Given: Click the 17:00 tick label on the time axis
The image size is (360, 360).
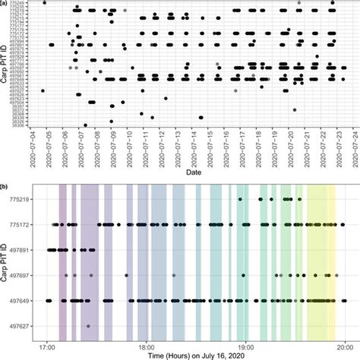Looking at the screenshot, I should [47, 341].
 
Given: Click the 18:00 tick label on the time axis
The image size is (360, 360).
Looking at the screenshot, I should [147, 341].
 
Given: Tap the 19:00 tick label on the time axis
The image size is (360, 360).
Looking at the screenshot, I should [246, 341].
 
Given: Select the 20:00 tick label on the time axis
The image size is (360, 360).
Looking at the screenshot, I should [345, 341].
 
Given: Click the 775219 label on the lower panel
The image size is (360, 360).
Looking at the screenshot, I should [21, 199].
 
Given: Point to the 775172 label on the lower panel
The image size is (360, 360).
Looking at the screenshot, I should [21, 224].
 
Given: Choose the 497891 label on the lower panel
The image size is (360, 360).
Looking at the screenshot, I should [21, 250].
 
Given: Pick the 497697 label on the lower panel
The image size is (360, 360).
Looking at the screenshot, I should [21, 275].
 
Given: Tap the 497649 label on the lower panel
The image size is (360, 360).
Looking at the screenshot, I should [21, 301].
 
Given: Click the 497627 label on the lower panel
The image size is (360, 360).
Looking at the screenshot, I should [21, 326].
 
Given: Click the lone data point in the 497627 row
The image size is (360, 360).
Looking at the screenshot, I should [89, 326].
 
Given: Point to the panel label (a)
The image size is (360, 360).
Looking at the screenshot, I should [5, 5].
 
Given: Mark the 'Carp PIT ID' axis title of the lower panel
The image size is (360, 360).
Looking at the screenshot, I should [7, 262].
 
